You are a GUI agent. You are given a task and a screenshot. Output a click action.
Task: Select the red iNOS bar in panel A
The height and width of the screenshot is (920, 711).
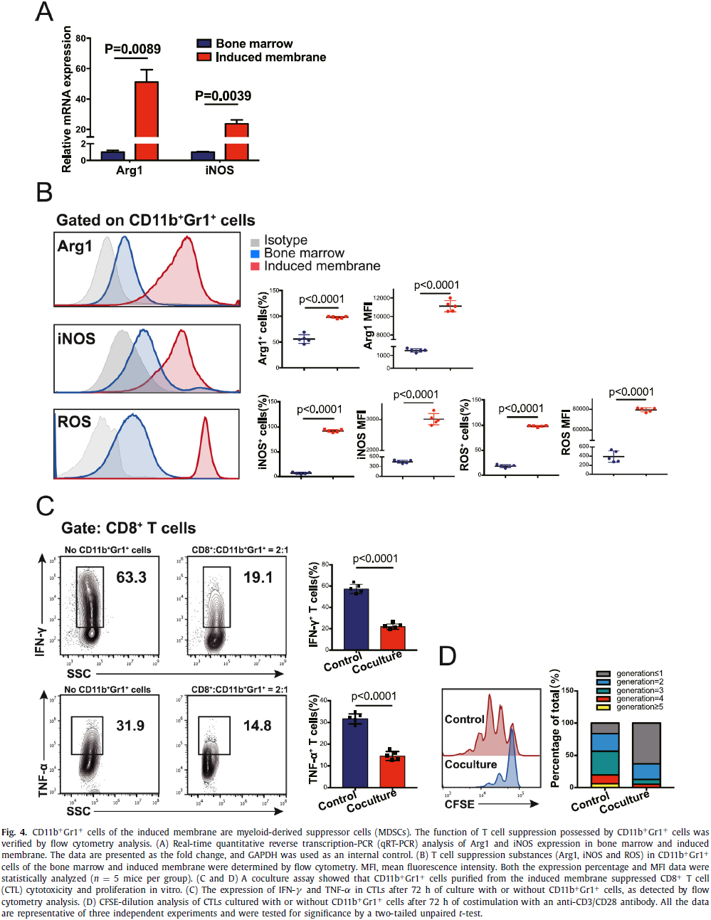click(236, 141)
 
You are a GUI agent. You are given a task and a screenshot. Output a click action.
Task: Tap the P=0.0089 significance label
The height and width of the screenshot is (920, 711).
click(132, 49)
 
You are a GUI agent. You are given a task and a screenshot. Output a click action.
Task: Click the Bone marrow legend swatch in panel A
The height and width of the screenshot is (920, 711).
click(204, 43)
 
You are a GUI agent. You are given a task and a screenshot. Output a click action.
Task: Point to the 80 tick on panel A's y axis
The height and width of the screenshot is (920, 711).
click(81, 38)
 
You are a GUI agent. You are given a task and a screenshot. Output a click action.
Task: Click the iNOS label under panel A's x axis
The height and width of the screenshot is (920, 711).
click(219, 171)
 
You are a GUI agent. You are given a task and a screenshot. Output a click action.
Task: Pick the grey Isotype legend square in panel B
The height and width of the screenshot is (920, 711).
click(255, 242)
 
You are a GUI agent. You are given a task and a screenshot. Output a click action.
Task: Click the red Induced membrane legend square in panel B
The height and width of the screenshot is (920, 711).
click(255, 266)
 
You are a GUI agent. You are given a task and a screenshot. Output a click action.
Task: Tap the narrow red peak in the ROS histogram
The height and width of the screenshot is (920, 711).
click(206, 448)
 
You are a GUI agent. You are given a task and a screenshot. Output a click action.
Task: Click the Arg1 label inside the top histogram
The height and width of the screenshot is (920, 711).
click(75, 247)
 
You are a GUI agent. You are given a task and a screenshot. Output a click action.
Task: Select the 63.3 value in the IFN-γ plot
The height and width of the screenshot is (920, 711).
click(131, 577)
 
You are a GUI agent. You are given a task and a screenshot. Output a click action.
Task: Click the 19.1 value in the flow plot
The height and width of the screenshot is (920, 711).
click(258, 577)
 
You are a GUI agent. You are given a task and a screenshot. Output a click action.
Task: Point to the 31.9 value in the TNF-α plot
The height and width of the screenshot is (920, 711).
click(130, 726)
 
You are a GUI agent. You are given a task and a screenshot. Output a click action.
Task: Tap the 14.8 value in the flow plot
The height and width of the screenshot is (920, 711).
click(257, 726)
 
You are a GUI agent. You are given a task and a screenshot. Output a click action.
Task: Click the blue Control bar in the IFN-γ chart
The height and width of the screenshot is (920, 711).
click(356, 619)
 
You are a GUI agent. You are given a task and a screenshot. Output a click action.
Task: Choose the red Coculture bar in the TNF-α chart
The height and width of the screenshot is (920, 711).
click(392, 771)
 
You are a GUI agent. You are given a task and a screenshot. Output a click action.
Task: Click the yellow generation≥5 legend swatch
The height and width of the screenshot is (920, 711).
click(603, 707)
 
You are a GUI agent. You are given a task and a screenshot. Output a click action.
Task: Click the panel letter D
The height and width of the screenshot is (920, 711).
click(447, 656)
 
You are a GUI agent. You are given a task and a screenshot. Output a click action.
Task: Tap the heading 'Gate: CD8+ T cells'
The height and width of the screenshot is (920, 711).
click(128, 528)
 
